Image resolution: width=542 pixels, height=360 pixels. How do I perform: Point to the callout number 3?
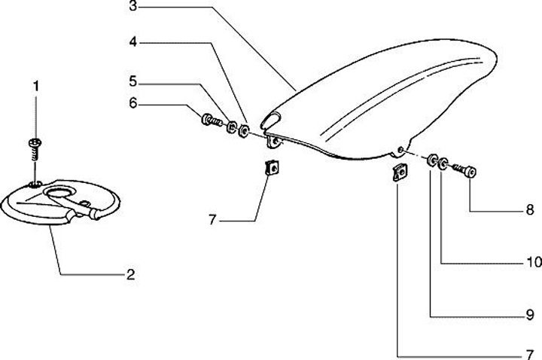tap(132, 8)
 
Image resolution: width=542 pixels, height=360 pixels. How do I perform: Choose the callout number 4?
tap(132, 43)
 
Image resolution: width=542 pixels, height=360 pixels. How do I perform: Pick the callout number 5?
tap(132, 79)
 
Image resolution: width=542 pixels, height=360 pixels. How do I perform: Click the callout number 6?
tap(132, 103)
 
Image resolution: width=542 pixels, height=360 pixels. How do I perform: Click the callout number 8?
tap(529, 209)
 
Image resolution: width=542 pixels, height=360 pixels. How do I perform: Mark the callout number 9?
tap(529, 314)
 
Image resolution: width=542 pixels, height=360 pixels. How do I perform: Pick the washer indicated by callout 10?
tap(445, 163)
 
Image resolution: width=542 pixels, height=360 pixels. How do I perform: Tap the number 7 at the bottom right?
tap(529, 352)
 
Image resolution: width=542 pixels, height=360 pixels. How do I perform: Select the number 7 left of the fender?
tap(213, 220)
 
